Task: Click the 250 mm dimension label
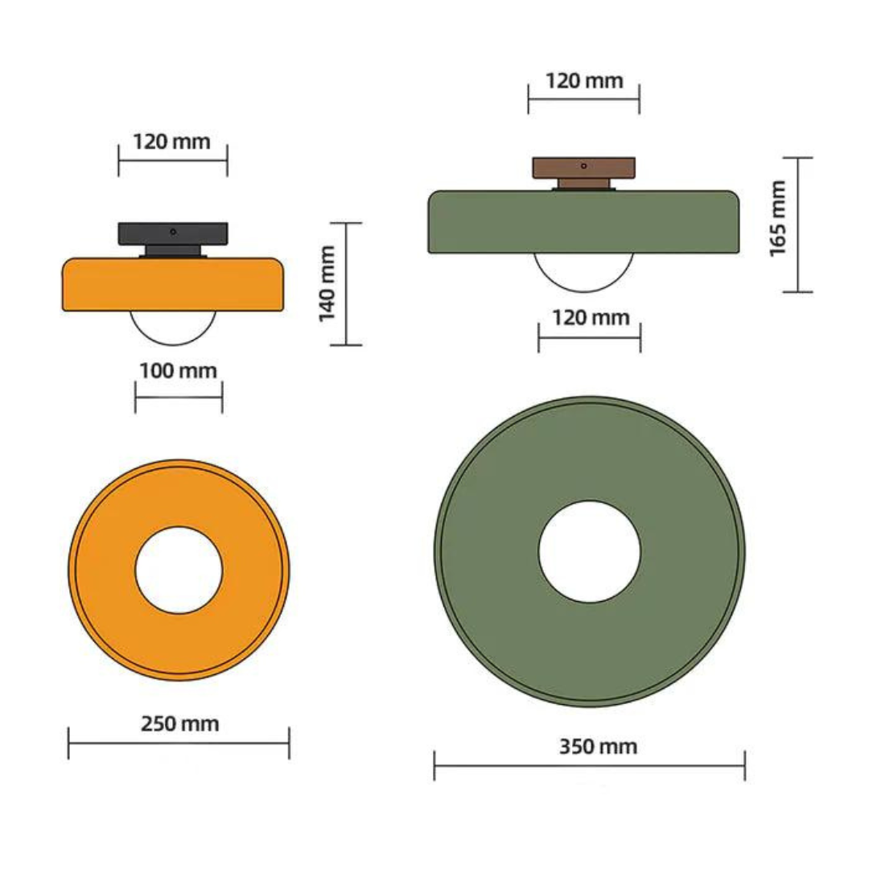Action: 179,723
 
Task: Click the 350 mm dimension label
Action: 598,747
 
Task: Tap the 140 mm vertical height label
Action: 327,284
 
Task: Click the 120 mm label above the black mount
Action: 171,142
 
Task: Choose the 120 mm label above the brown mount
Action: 584,80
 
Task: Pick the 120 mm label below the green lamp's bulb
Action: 591,317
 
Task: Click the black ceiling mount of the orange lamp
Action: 173,235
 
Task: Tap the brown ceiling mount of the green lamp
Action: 583,169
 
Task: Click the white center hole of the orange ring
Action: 179,570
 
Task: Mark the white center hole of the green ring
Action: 590,552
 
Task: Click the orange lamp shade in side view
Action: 173,284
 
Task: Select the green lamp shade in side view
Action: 584,222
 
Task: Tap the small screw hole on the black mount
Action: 173,231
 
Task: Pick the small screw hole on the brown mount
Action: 583,165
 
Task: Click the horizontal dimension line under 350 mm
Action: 590,765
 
